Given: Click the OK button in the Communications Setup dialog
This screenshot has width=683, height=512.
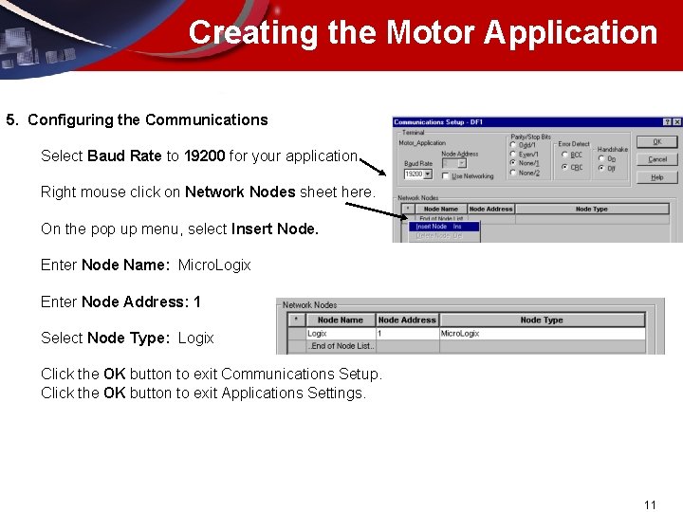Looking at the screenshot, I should pos(656,141).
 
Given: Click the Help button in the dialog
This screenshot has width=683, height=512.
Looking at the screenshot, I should pos(656,177).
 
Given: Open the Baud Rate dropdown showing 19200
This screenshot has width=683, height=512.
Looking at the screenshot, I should pos(427,174).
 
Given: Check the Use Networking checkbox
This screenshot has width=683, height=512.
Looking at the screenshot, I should pos(447,175).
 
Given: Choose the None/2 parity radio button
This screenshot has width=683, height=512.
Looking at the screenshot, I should pos(514,173).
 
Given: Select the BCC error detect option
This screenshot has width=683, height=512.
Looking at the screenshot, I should pos(564,155).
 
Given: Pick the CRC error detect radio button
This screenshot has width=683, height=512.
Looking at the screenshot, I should pos(564,167).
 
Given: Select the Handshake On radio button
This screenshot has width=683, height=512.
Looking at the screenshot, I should pos(601,158).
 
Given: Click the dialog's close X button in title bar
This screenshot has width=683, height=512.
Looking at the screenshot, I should pos(676,122).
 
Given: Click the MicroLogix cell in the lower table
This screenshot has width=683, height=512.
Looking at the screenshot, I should pos(460,334).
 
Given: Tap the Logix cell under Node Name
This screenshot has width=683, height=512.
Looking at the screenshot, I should pos(318,334).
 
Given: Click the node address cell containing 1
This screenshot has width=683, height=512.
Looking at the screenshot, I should pos(379,334).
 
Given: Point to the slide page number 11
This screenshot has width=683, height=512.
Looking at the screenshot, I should pos(650,504).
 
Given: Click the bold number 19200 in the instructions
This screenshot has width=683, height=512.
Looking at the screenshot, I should pos(204,155).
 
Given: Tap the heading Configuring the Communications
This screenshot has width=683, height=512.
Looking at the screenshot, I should pos(147,119).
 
